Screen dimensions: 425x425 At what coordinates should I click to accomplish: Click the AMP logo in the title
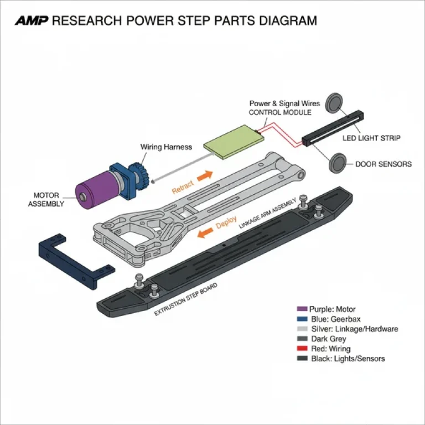point(32,22)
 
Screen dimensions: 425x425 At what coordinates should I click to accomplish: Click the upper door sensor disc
point(334,103)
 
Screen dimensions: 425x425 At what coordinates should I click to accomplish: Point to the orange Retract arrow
point(205,175)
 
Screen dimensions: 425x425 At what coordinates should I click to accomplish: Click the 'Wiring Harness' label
point(166,147)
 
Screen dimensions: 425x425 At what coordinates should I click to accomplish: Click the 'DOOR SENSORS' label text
point(383,164)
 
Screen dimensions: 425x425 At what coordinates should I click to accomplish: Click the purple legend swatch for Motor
point(302,309)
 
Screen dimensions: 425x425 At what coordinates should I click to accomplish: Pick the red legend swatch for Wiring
point(302,349)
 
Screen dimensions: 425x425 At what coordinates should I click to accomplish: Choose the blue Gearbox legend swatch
point(302,319)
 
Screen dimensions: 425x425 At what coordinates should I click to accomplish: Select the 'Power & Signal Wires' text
point(284,103)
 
